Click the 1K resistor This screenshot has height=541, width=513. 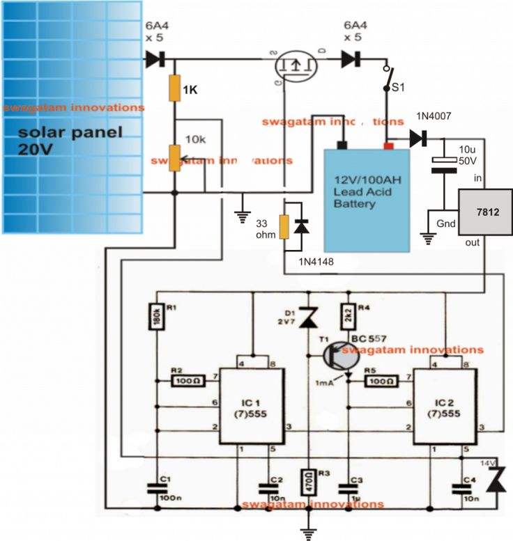point(175,90)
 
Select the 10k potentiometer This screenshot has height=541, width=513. point(175,158)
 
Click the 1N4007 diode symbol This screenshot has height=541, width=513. point(418,139)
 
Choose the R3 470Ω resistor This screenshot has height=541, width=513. point(308,480)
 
